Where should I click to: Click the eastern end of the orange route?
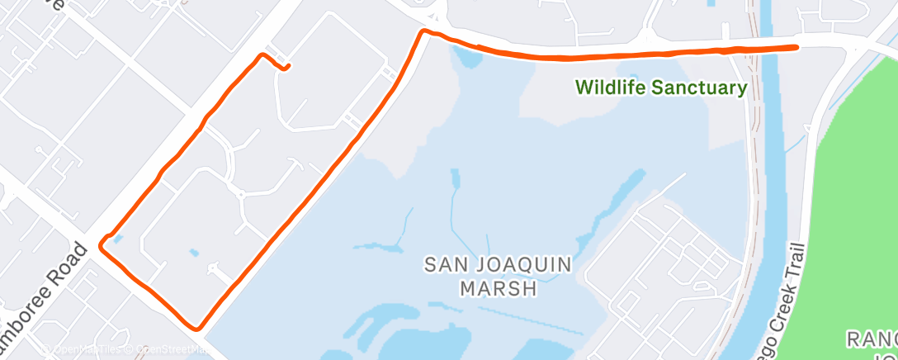click(796, 47)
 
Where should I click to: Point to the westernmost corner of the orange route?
click(101, 244)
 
